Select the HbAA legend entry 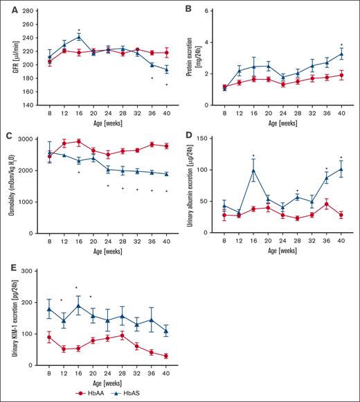coord(127,393)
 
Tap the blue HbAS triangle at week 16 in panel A coord(80,37)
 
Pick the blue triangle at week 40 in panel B coord(341,53)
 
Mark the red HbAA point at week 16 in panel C coord(80,142)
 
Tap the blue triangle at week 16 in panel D coord(255,171)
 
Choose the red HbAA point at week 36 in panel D coord(327,204)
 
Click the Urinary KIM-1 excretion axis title coord(15,318)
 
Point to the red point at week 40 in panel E coord(166,356)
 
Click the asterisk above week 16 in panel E coord(76,288)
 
